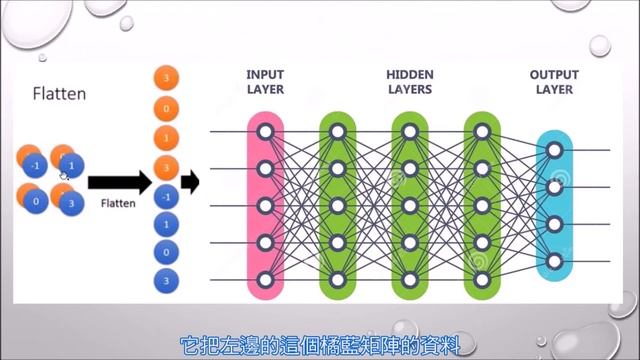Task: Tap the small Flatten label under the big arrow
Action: pos(117,202)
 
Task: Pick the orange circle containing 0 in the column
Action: pos(167,107)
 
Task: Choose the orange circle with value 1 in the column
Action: pos(167,136)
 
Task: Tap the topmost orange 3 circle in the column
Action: pos(167,79)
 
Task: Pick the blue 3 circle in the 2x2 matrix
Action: pos(70,203)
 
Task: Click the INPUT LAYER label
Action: pos(265,82)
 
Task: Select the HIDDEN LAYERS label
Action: pos(409,82)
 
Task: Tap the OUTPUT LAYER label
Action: pos(555,82)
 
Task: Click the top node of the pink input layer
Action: pos(265,131)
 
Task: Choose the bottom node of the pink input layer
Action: pos(265,279)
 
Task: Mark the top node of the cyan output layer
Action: pos(555,150)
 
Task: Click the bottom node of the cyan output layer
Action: pos(555,262)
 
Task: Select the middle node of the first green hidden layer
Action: pos(337,205)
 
